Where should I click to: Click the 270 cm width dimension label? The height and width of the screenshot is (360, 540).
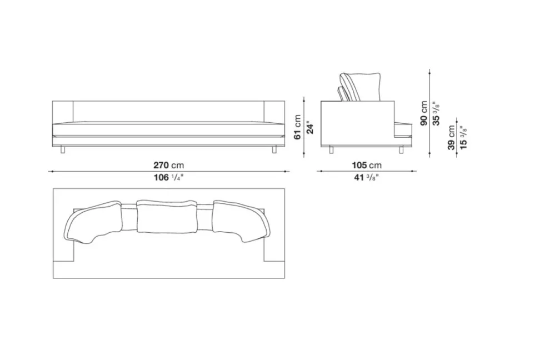click(x=168, y=165)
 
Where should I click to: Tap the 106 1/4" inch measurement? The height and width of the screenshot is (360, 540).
click(x=168, y=177)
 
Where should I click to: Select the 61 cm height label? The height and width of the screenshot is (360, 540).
click(x=298, y=127)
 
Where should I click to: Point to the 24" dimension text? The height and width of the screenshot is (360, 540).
click(x=310, y=127)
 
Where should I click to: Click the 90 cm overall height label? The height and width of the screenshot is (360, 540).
click(x=424, y=113)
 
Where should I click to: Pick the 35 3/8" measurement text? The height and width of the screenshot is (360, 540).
click(x=436, y=113)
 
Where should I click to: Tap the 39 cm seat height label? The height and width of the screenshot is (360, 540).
click(x=452, y=137)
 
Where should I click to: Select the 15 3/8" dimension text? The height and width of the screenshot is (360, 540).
click(x=463, y=137)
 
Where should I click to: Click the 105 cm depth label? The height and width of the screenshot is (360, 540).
click(x=367, y=165)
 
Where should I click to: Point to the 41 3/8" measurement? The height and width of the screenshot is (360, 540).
click(x=367, y=177)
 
